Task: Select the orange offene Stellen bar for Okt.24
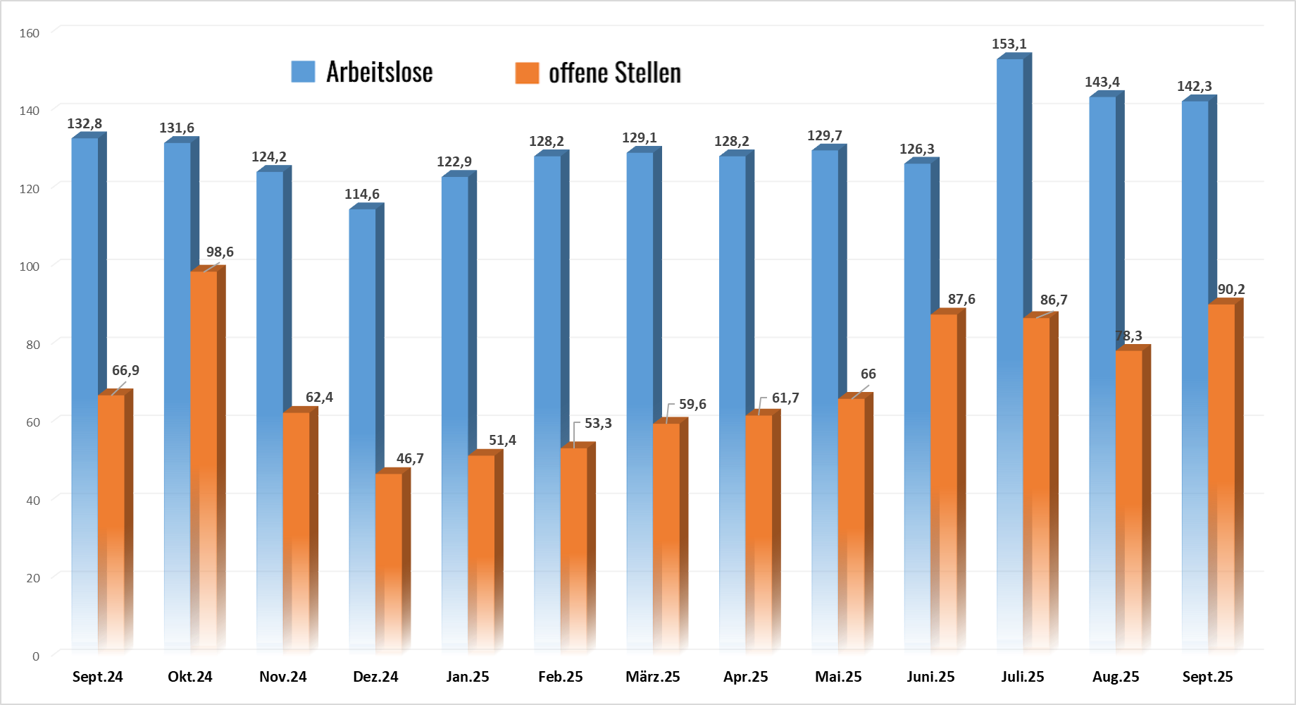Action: point(204,423)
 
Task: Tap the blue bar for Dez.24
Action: point(362,352)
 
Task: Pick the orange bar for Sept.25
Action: point(1221,458)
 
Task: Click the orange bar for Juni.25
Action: point(944,458)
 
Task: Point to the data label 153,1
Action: point(1009,44)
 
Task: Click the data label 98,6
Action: point(220,252)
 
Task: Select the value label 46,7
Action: point(410,459)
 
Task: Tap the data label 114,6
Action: point(362,195)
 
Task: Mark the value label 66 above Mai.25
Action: point(868,374)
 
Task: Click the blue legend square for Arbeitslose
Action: point(303,72)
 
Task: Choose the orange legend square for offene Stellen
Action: point(527,73)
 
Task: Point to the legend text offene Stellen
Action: point(615,73)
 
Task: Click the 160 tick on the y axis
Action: point(30,33)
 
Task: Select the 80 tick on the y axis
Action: point(32,345)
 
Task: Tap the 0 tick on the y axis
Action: point(36,656)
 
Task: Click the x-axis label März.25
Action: point(653,677)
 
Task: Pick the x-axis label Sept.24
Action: point(98,677)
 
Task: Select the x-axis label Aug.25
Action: point(1116,677)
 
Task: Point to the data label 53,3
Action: point(598,424)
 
